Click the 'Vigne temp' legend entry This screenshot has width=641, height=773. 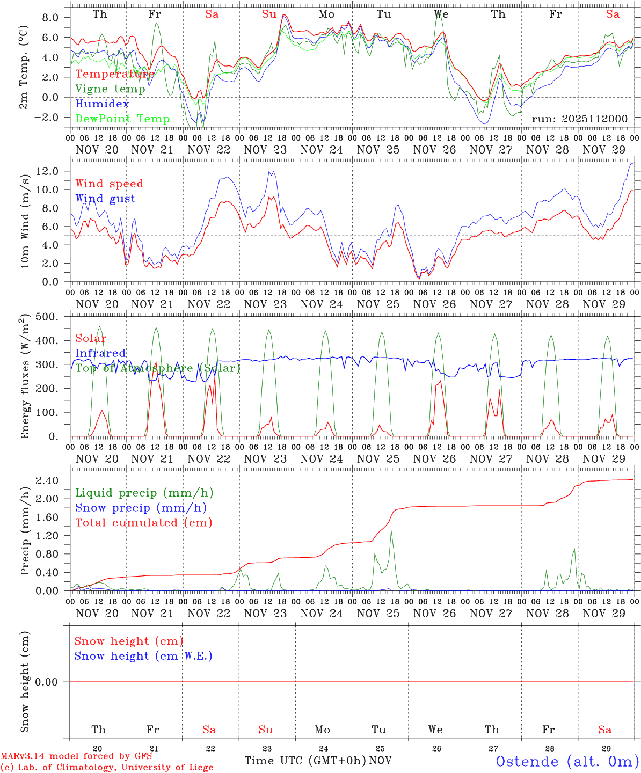coord(110,89)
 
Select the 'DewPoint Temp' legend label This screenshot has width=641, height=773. coord(122,119)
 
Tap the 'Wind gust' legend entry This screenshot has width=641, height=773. coord(105,199)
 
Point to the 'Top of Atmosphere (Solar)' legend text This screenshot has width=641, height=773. coord(158,368)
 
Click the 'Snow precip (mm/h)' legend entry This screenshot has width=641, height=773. coord(141,508)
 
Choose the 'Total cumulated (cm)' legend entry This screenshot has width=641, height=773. coord(144,523)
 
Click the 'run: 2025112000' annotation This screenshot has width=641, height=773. coord(579,119)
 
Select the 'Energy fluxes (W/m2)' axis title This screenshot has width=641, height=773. coord(25,377)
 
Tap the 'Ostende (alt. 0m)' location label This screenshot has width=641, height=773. coord(567,761)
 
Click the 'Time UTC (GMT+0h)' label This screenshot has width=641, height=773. coord(305,761)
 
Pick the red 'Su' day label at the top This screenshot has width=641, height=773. coord(269,14)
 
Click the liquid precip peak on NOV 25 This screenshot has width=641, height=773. coord(391,530)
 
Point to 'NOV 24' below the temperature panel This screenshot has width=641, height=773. coord(322,150)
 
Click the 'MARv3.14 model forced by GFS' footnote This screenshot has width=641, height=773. coord(76,756)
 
